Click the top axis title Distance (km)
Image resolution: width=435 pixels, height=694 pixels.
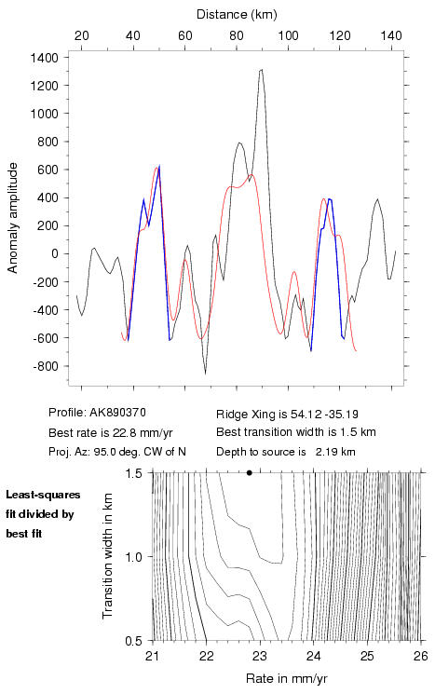(237, 15)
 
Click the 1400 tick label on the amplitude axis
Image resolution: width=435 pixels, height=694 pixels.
(45, 58)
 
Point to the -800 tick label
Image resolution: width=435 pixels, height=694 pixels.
(46, 366)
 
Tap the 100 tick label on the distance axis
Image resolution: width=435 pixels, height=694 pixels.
(288, 35)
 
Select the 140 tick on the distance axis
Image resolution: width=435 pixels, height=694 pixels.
(391, 35)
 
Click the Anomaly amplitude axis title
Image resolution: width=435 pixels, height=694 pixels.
(12, 218)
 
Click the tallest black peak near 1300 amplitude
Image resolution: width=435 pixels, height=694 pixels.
(261, 70)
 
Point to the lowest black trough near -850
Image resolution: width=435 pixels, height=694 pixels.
(205, 374)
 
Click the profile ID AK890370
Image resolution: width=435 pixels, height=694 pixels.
(117, 413)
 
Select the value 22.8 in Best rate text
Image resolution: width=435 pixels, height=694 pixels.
(114, 432)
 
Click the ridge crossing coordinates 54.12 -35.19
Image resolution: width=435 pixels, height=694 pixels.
(324, 415)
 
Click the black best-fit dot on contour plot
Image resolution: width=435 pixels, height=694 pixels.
(249, 472)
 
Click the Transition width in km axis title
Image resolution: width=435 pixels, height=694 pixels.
(107, 555)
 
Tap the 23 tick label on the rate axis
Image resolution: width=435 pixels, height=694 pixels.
(260, 656)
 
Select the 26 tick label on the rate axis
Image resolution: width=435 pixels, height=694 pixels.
(421, 656)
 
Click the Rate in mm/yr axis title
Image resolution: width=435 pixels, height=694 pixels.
(286, 678)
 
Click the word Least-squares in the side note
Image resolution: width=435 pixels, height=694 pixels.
(43, 495)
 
